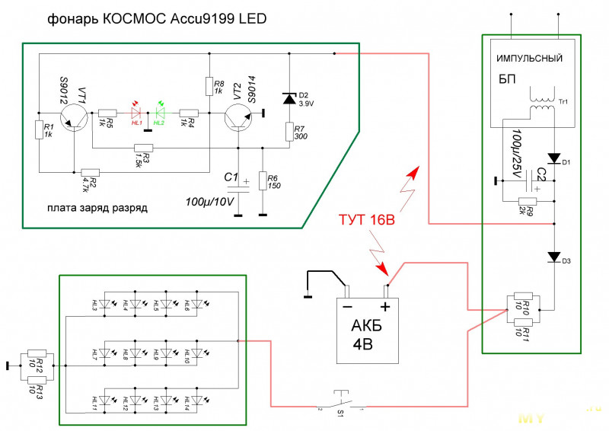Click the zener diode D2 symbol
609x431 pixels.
pos(289,97)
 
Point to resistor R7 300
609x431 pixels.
pos(289,132)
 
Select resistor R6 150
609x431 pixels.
pos(262,181)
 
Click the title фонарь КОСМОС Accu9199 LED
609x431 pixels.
pos(158,17)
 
